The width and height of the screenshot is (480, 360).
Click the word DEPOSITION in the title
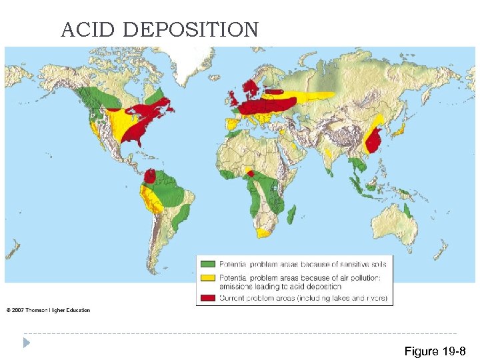191,30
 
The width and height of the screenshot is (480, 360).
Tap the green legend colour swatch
209,264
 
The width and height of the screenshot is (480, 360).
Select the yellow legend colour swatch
209,277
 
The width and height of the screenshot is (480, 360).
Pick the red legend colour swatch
209,297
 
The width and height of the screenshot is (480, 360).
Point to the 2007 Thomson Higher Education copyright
49,310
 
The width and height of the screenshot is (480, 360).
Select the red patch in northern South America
151,176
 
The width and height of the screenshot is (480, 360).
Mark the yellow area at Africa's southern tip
265,232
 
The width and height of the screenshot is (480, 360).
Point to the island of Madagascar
292,214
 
